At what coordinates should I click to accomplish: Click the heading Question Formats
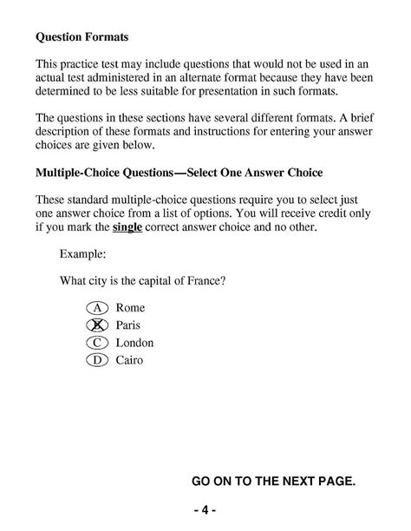click(82, 38)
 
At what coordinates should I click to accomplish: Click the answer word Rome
click(130, 308)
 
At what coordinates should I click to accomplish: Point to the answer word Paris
click(127, 325)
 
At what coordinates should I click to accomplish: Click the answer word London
click(134, 343)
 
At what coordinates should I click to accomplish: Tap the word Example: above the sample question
click(83, 256)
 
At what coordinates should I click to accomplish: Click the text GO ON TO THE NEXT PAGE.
click(272, 481)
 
